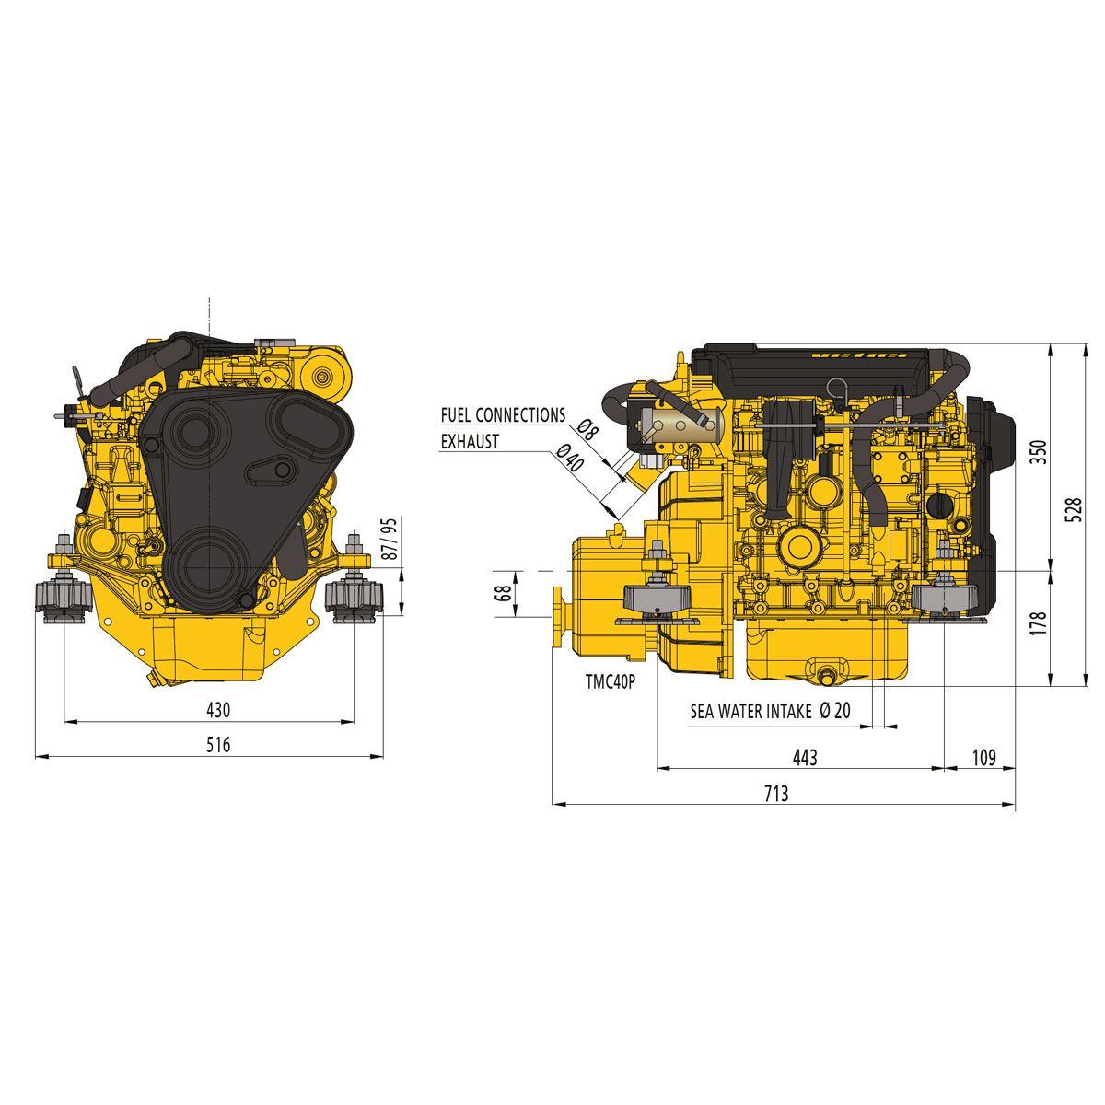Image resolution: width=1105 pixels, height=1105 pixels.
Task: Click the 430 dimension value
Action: tap(217, 710)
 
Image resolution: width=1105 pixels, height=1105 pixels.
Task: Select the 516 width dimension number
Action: tap(217, 745)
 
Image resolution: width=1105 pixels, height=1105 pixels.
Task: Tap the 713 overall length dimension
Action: tap(775, 793)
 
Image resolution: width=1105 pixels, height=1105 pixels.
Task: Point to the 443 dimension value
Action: tap(804, 757)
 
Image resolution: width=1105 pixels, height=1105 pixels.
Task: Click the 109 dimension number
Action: tap(983, 757)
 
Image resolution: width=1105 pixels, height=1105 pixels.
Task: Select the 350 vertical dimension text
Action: tap(1038, 454)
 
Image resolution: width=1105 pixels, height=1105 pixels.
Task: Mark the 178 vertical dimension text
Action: tap(1038, 627)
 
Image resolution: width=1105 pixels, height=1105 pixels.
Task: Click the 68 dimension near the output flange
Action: tap(503, 593)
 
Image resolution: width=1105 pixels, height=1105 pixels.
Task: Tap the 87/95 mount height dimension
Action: tap(390, 539)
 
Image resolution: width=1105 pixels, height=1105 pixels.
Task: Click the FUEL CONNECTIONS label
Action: tap(503, 415)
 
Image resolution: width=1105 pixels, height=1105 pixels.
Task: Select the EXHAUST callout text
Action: tap(470, 442)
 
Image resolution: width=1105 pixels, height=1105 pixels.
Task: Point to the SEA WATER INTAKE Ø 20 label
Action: tap(771, 711)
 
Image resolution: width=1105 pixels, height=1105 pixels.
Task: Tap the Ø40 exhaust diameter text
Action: tap(571, 457)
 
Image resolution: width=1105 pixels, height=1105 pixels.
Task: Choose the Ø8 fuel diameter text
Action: tap(587, 427)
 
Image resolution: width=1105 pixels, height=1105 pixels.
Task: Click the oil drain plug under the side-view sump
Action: tap(825, 679)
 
